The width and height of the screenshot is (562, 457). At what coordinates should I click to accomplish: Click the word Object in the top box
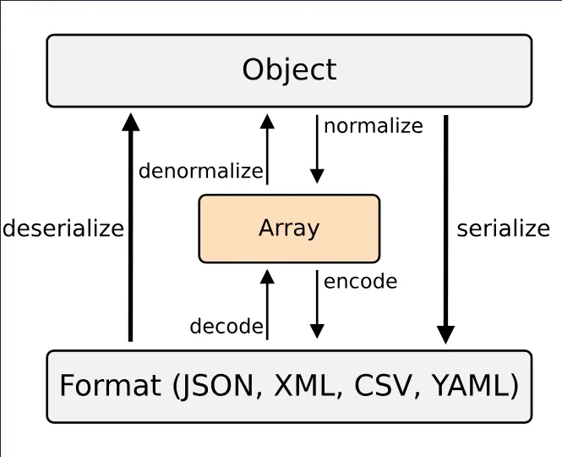click(289, 69)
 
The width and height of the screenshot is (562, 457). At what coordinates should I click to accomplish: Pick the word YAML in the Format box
click(472, 386)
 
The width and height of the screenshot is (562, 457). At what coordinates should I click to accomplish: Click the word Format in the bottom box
click(110, 386)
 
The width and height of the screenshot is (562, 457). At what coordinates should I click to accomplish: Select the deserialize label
click(63, 228)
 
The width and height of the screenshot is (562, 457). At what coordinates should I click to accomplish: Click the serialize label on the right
click(503, 228)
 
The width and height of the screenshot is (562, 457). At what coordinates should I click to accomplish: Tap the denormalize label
click(201, 171)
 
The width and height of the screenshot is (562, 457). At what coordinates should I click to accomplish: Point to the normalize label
click(373, 126)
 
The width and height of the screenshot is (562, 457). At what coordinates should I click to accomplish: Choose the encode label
click(360, 281)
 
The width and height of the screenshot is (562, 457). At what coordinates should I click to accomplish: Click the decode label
click(226, 327)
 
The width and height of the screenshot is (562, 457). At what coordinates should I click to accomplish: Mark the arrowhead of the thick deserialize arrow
click(130, 122)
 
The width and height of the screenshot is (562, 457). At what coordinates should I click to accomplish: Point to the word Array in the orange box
click(289, 228)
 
